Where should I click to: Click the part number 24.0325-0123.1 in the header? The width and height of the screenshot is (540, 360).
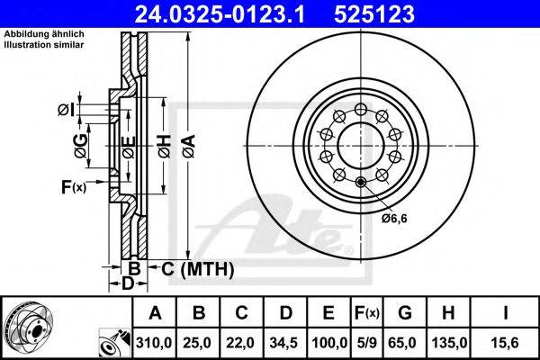pos(220,14)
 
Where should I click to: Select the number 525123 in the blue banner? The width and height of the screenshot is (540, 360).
pos(374,14)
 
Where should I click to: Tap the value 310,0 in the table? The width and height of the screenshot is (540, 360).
pos(154,343)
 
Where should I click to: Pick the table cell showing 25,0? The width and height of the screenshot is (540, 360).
pos(197,343)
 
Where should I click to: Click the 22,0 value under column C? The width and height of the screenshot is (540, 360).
pos(240,343)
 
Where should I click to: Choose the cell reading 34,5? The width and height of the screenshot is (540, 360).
pos(283,343)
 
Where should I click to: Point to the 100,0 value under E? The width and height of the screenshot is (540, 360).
pos(329,343)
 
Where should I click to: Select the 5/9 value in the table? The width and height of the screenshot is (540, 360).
pos(367,343)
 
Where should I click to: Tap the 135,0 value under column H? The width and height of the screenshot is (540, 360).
pos(449,343)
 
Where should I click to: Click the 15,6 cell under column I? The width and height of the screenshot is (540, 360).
pos(506,343)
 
